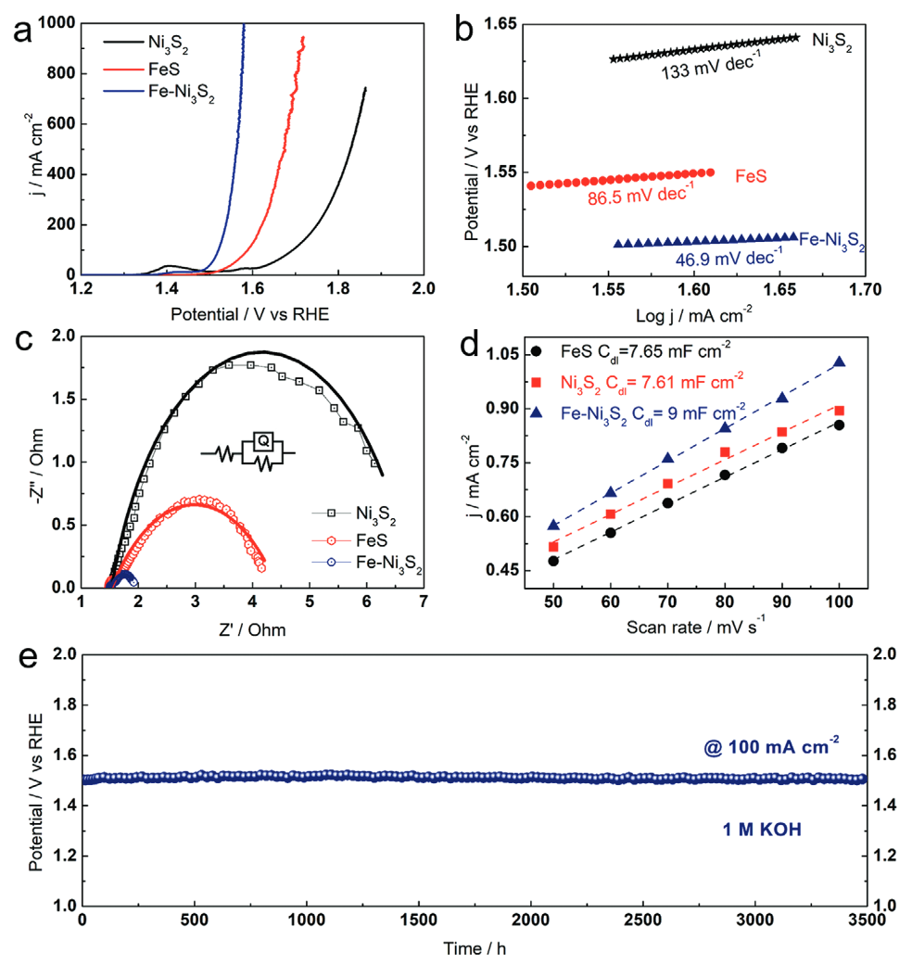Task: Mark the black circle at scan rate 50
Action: tap(553, 561)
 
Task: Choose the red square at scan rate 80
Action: tap(725, 452)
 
